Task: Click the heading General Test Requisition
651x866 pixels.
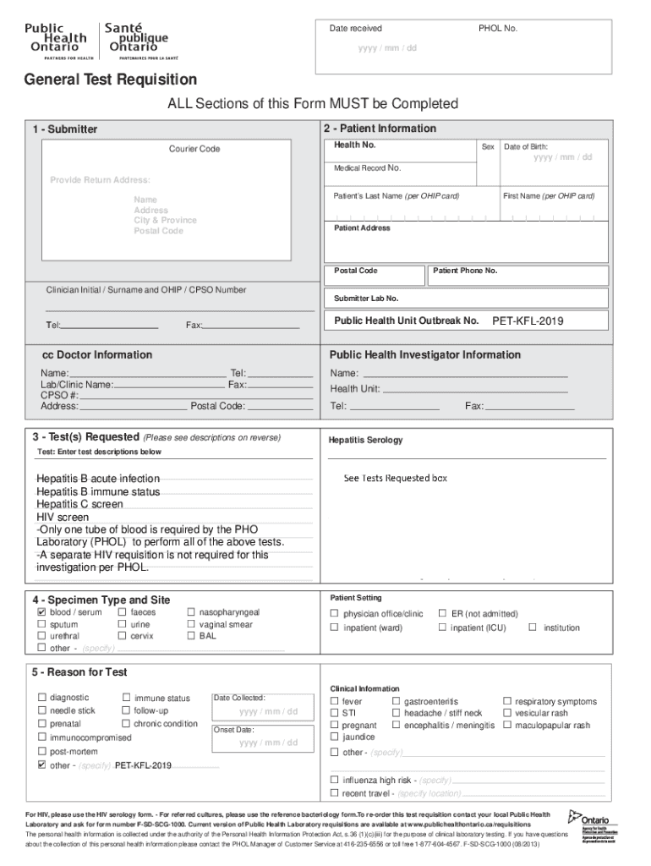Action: pyautogui.click(x=110, y=80)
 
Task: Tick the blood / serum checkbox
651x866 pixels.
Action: pyautogui.click(x=41, y=612)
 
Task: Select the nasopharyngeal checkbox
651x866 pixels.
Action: pyautogui.click(x=192, y=612)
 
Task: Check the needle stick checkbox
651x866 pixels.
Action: pyautogui.click(x=41, y=711)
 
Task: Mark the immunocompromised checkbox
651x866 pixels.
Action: pyautogui.click(x=41, y=737)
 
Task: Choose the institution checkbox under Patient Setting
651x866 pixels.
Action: pyautogui.click(x=533, y=628)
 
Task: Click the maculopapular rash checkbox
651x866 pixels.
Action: pyautogui.click(x=507, y=726)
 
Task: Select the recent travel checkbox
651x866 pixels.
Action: pyautogui.click(x=335, y=793)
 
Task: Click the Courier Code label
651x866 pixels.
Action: pyautogui.click(x=194, y=150)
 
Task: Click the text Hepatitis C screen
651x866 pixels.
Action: pyautogui.click(x=79, y=504)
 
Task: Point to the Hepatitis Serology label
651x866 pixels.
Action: pyautogui.click(x=365, y=441)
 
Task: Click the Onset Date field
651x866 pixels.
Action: pyautogui.click(x=268, y=743)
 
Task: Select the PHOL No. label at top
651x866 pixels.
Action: pyautogui.click(x=498, y=29)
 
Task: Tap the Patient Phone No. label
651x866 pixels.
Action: pyautogui.click(x=465, y=271)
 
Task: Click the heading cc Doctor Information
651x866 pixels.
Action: pyautogui.click(x=97, y=355)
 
